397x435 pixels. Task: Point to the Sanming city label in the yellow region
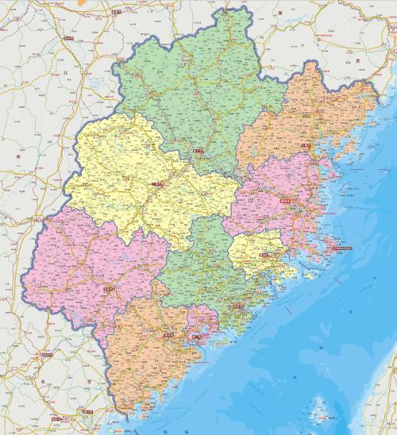pos(156,186)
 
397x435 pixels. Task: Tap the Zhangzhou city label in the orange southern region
pos(167,336)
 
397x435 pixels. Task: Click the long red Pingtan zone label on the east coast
pos(345,249)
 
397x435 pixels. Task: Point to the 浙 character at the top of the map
pos(281,14)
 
